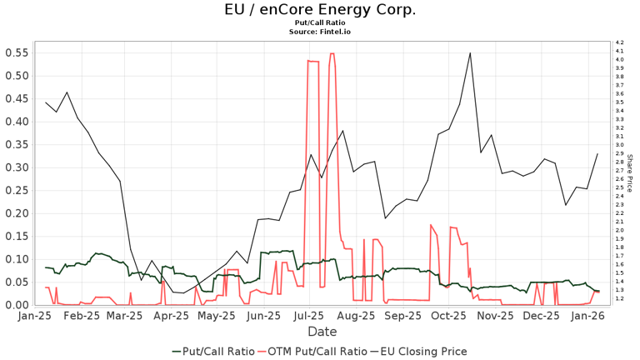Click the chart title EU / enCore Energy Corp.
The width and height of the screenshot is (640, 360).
pyautogui.click(x=320, y=10)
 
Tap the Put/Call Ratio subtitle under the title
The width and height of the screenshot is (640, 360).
pyautogui.click(x=320, y=23)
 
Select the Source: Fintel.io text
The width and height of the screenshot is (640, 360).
pyautogui.click(x=320, y=32)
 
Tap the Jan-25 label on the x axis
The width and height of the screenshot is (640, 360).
pyautogui.click(x=33, y=317)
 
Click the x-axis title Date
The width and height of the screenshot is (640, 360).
pyautogui.click(x=322, y=332)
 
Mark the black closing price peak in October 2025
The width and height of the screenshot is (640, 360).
pyautogui.click(x=470, y=52)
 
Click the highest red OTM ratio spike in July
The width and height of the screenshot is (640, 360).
pyautogui.click(x=332, y=53)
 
